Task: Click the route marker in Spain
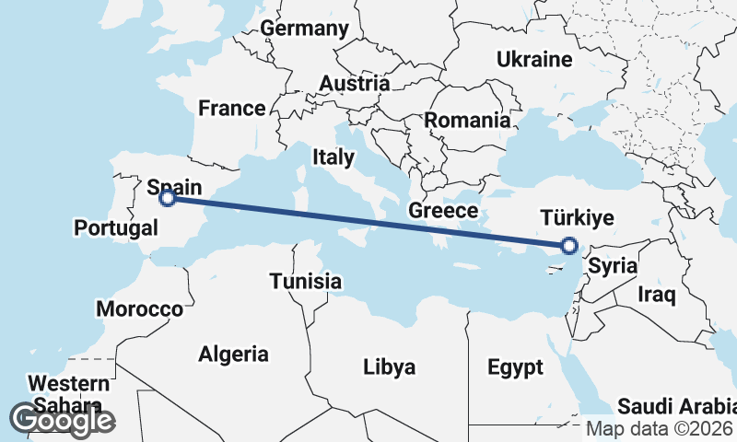tap(168, 197)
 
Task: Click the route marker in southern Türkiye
tap(568, 245)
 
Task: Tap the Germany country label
tap(304, 29)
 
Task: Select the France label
tap(232, 109)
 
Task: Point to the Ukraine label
tap(534, 60)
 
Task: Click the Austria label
tap(355, 84)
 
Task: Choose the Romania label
tap(467, 120)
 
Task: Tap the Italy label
tap(333, 157)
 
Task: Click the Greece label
tap(443, 211)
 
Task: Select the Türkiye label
tap(577, 218)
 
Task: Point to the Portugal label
tap(116, 227)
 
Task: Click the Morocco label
tap(139, 308)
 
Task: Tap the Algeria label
tap(234, 354)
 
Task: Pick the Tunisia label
tap(306, 282)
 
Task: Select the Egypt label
tap(515, 368)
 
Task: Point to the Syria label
tap(613, 267)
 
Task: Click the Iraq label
tap(658, 295)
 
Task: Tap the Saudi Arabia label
tap(676, 406)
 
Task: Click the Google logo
tap(62, 420)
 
